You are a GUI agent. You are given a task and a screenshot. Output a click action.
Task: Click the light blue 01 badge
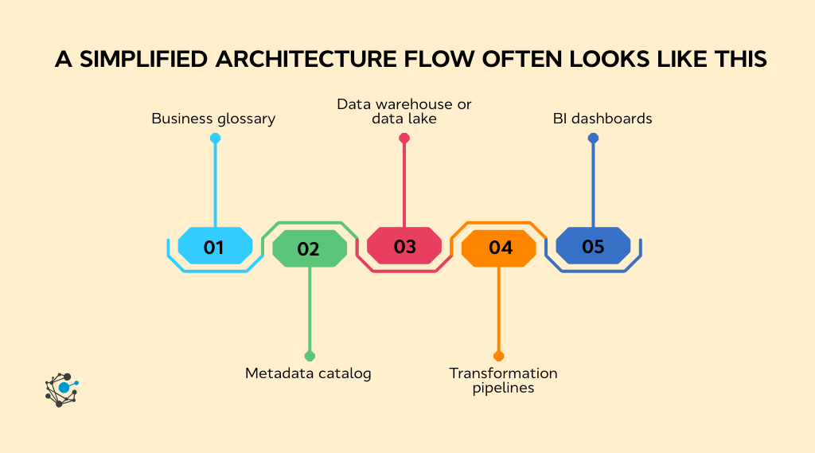[214, 246]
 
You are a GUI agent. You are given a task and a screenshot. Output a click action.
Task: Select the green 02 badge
[309, 248]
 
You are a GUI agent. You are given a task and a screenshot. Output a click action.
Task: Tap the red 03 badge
[404, 246]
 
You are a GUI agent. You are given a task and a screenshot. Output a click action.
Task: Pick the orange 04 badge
[499, 248]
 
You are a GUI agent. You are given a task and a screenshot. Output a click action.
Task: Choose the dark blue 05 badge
[593, 246]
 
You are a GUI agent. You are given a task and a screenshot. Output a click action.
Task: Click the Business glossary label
[213, 119]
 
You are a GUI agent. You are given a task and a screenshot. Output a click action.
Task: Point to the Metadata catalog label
[308, 373]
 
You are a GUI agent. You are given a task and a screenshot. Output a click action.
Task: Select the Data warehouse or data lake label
[404, 111]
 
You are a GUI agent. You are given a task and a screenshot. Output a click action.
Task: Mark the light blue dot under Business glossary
[215, 139]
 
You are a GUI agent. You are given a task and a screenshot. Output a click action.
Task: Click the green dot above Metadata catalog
[310, 356]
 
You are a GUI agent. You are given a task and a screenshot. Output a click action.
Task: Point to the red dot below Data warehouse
[404, 139]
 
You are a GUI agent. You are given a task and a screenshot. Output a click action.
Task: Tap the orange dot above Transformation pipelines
[499, 356]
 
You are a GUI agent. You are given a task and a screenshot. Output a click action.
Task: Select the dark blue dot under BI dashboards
[593, 139]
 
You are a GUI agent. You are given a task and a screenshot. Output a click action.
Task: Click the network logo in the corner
[62, 389]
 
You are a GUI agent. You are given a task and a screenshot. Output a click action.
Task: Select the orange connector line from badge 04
[499, 310]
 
